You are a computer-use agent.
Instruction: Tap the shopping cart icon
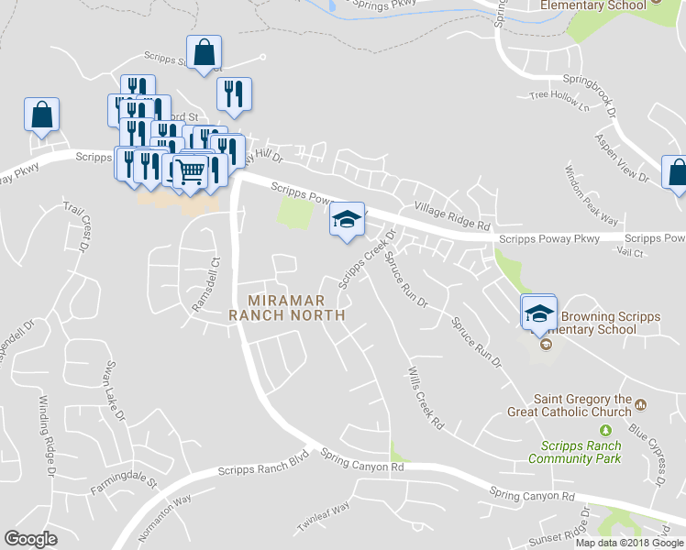(x=190, y=171)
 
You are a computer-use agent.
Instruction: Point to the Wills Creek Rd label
(x=424, y=399)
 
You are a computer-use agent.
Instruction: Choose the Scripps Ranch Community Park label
(x=574, y=452)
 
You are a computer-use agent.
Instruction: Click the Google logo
(x=31, y=538)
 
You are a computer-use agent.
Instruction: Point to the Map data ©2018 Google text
(x=629, y=543)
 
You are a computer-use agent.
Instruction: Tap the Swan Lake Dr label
(x=114, y=390)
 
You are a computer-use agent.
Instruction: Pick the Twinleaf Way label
(x=323, y=520)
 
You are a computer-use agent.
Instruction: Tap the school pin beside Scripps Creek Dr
(x=347, y=220)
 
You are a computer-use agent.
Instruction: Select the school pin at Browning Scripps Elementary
(x=539, y=313)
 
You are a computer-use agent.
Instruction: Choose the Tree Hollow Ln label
(x=559, y=97)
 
